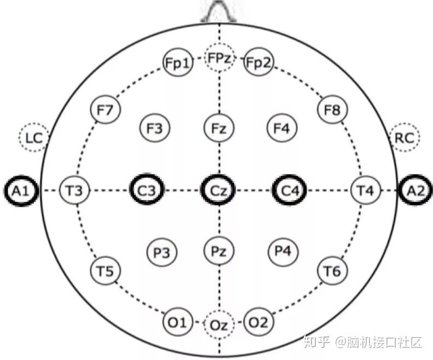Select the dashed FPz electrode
coord(220,58)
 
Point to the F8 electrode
coord(332,111)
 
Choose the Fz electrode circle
coord(219,129)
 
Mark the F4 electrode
coord(281,129)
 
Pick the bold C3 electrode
coord(147,190)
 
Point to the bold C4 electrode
coord(290,190)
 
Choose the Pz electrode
coord(219,251)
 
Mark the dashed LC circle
coord(33,137)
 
